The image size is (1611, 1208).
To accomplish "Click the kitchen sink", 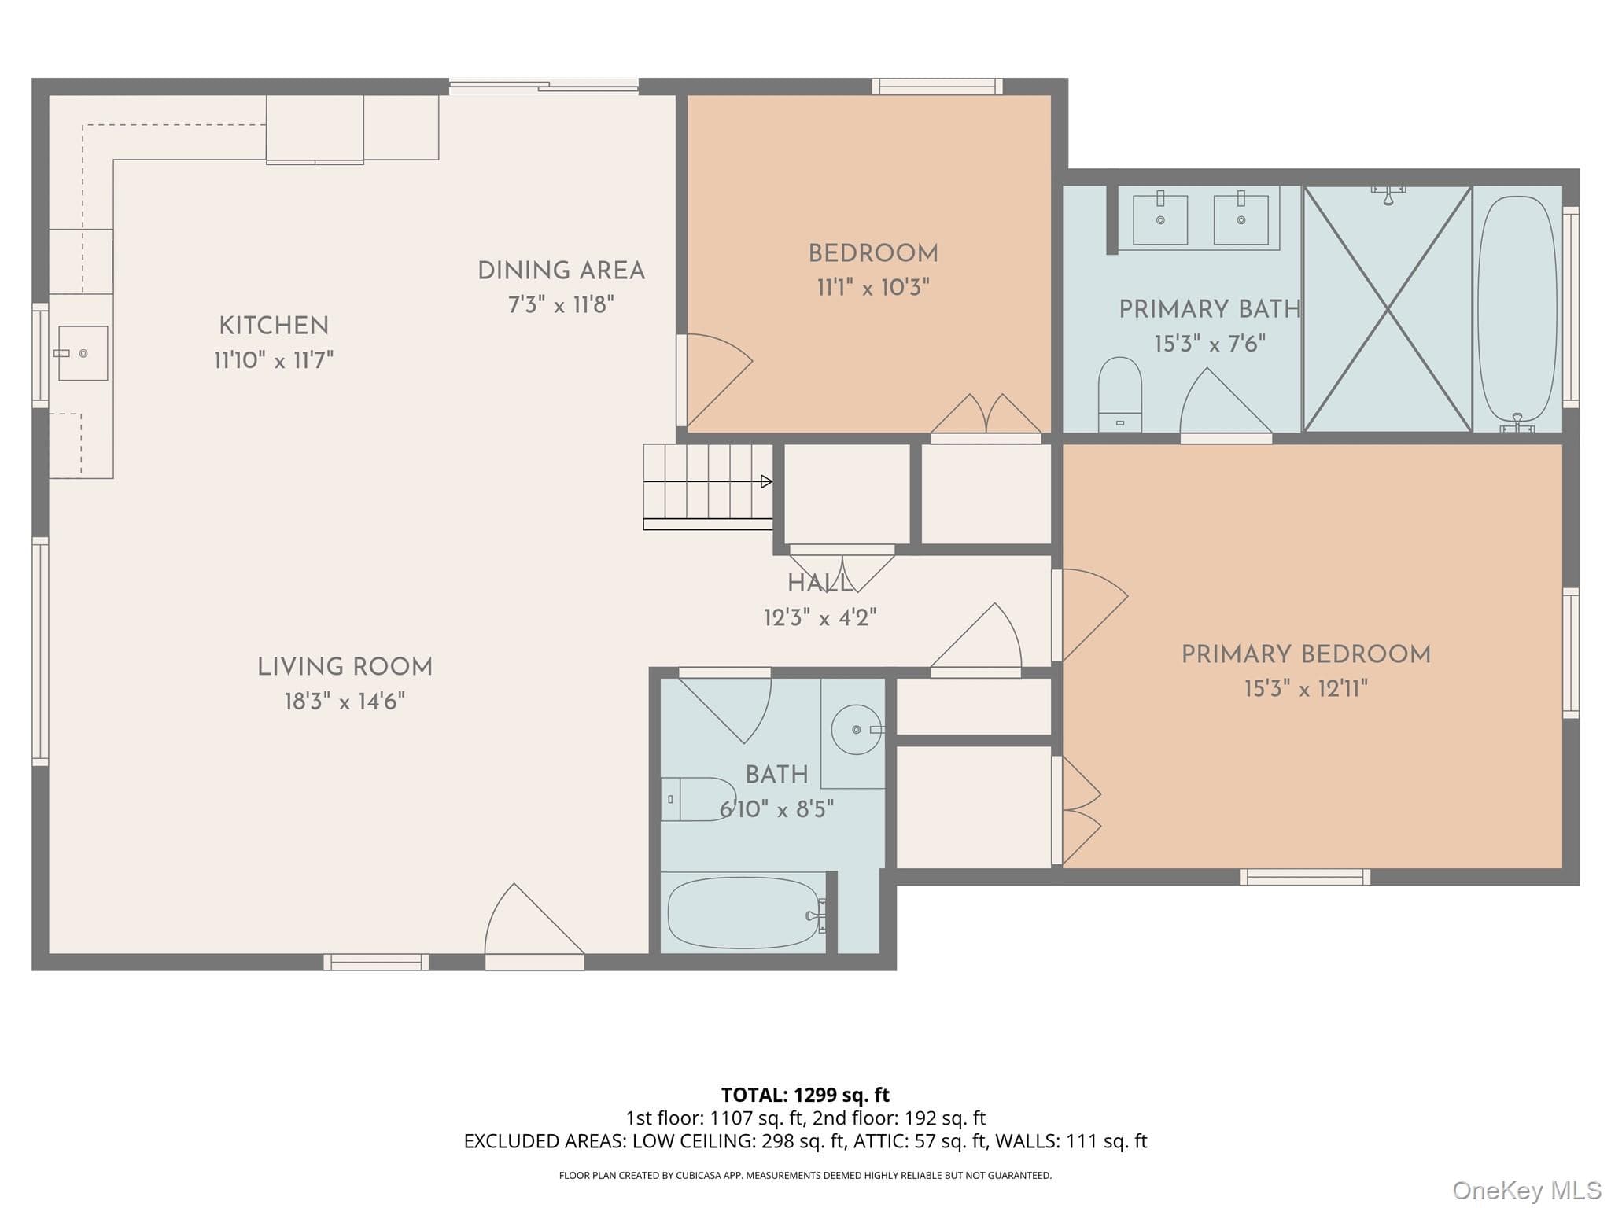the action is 83,353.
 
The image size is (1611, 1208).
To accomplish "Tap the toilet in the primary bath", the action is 1119,394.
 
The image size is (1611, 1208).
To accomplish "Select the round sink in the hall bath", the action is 856,730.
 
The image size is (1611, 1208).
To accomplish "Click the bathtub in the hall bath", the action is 744,913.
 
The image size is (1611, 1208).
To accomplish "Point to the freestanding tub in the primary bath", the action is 1517,309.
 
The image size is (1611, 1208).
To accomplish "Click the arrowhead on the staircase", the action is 767,481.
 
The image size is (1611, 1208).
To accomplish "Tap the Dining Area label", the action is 561,271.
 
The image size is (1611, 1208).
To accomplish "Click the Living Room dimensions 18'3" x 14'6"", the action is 345,701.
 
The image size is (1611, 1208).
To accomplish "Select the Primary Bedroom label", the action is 1306,654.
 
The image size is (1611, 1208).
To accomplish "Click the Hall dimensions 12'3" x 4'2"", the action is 820,617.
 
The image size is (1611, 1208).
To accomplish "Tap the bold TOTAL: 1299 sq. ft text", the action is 805,1095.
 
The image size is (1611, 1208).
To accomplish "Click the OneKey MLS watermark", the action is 1527,1191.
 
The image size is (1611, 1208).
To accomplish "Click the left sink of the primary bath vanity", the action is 1160,219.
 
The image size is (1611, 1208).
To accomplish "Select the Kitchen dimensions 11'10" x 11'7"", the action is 274,360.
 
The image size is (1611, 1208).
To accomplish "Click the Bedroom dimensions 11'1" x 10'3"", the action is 873,288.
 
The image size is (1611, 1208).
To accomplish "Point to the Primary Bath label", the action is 1210,309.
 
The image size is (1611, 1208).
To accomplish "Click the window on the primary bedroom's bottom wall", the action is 1305,877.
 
